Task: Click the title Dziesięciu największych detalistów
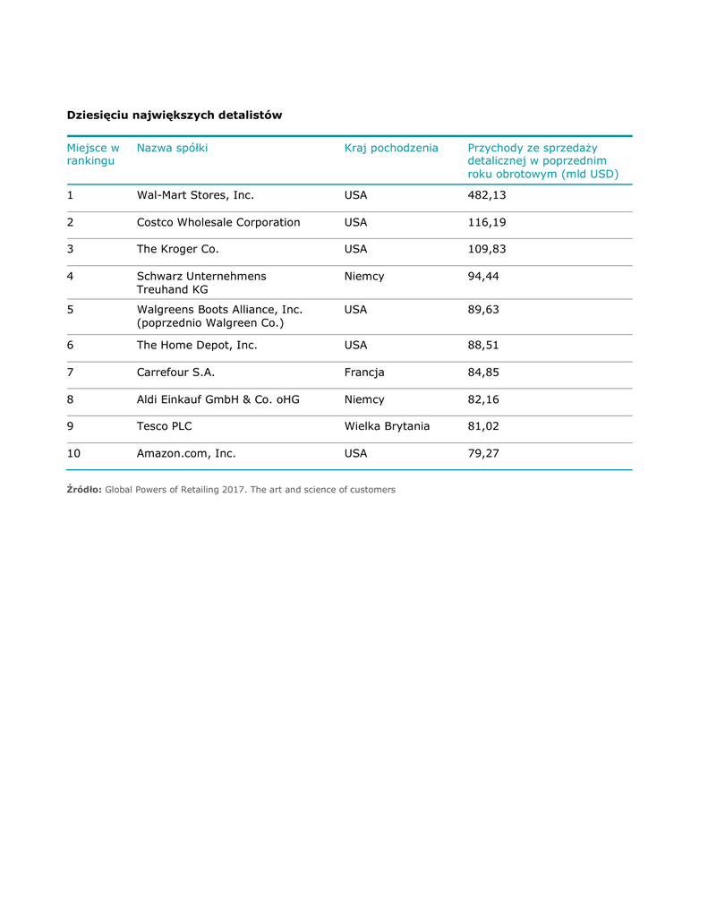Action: pos(175,115)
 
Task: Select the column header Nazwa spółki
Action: pos(172,148)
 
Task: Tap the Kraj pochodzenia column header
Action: pos(391,148)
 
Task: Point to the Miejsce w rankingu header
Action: pos(92,154)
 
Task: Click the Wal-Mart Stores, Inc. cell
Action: pos(195,195)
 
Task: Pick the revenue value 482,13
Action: pos(487,195)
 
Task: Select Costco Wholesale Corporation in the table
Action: pos(218,222)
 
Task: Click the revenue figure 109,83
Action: pos(487,249)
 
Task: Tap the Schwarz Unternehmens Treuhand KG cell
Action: pos(201,283)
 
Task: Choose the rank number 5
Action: pos(71,309)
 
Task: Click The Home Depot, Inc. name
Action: pos(197,345)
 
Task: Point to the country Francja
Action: pos(364,372)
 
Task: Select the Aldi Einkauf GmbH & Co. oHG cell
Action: pos(218,399)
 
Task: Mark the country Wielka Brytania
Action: pos(387,425)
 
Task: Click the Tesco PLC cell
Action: pos(164,425)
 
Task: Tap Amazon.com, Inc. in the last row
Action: pos(186,453)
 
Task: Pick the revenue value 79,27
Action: pos(483,453)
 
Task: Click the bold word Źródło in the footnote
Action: pos(84,490)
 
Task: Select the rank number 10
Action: pos(73,453)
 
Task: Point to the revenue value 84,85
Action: pos(483,372)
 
